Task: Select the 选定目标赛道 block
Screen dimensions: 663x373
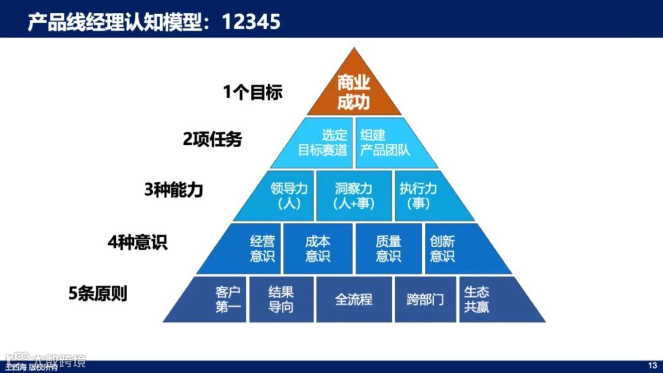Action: (x=320, y=143)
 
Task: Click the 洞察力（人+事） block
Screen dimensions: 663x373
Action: (x=354, y=196)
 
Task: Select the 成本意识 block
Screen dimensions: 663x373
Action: (x=318, y=248)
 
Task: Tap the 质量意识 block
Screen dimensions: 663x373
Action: (x=388, y=248)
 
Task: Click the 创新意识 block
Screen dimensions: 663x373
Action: (x=447, y=248)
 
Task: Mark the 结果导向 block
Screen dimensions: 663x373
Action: (x=281, y=299)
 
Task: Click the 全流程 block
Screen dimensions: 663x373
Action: (x=354, y=299)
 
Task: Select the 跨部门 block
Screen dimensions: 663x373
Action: (x=425, y=299)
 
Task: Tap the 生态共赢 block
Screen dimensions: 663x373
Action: (x=479, y=299)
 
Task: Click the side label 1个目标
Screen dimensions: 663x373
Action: (x=252, y=93)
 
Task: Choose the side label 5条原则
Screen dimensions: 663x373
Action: (x=98, y=293)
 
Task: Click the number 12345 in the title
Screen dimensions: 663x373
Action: (x=251, y=21)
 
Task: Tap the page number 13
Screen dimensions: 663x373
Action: (x=653, y=366)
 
